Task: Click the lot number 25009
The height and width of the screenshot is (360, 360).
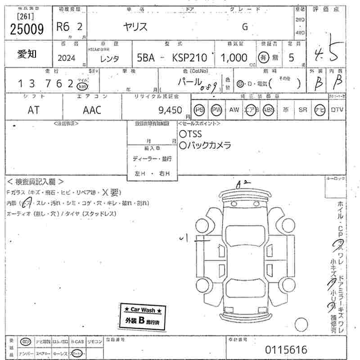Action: (x=27, y=29)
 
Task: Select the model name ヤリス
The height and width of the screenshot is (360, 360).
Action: (x=136, y=27)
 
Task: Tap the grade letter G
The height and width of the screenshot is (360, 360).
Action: (x=245, y=27)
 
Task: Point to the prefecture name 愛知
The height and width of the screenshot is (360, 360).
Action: (x=27, y=54)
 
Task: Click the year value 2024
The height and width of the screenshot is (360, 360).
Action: (x=67, y=58)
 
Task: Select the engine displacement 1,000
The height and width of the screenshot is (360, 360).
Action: (x=234, y=58)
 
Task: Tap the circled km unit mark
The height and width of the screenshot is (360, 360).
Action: (x=82, y=86)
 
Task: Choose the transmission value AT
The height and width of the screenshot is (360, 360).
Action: (x=34, y=110)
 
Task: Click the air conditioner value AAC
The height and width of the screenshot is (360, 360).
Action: (x=92, y=110)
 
